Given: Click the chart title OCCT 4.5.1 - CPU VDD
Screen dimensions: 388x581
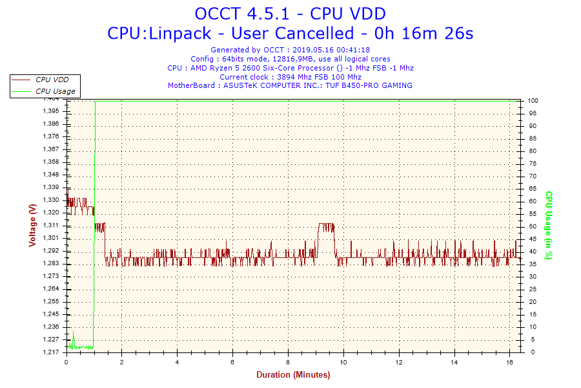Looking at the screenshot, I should coord(290,14).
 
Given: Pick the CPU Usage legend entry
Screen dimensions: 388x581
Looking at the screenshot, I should coord(55,91).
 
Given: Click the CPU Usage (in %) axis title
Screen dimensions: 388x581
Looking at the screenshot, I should coord(549,225).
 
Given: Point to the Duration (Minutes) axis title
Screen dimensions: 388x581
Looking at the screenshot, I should coord(293,375).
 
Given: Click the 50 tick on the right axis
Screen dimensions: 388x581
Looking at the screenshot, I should coord(532,226).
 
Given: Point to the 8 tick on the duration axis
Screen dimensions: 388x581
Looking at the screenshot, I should coord(288,362).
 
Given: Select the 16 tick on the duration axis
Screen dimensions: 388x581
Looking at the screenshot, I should coord(510,362).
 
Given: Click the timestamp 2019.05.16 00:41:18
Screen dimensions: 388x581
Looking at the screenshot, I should coord(331,49).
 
